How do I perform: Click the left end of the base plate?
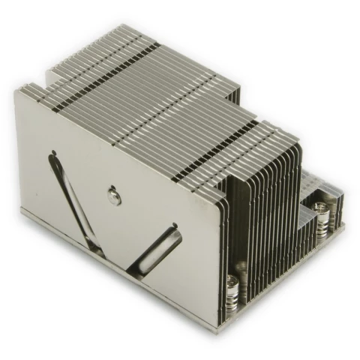tap(22, 213)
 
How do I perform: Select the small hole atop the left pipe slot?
tap(54, 156)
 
